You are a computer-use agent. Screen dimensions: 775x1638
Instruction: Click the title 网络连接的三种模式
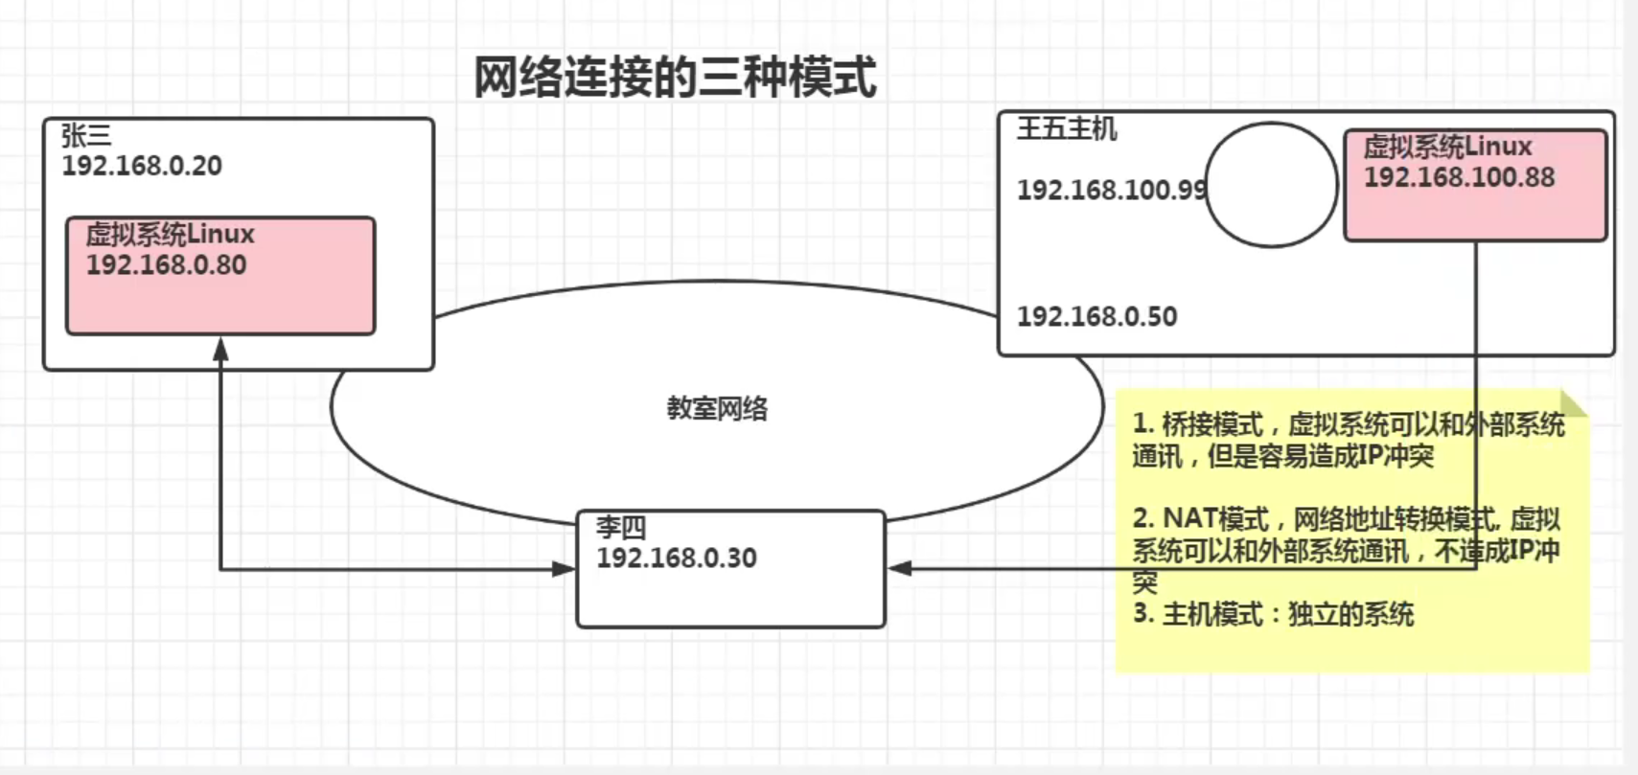[x=675, y=78]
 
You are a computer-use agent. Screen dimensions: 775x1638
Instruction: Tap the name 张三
[x=86, y=136]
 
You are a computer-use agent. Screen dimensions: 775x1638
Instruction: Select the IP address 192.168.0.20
[x=142, y=166]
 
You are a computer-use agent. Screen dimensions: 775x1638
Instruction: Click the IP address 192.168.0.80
[x=166, y=265]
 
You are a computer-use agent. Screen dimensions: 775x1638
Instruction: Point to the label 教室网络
[x=717, y=409]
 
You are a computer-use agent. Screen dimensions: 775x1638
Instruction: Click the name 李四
[x=621, y=528]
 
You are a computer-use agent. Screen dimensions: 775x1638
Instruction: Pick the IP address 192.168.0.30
[x=676, y=558]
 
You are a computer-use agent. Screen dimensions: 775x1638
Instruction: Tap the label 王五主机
[x=1067, y=128]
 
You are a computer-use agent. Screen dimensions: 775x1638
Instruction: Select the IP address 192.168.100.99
[x=1111, y=190]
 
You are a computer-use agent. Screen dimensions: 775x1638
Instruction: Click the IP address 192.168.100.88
[x=1459, y=177]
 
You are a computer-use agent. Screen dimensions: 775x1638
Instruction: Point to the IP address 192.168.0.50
[x=1096, y=316]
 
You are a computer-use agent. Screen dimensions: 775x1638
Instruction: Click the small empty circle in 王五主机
[x=1271, y=185]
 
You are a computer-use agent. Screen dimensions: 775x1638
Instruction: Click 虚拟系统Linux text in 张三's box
[x=170, y=235]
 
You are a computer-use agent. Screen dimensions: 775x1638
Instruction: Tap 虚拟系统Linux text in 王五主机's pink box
[x=1447, y=147]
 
